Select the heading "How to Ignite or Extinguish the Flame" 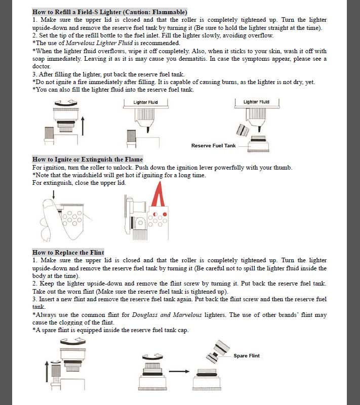click(x=88, y=159)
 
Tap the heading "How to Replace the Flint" click(x=68, y=252)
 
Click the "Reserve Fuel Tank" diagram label click(x=213, y=146)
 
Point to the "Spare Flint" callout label click(x=247, y=356)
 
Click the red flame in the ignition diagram click(x=158, y=195)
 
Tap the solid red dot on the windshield click(x=165, y=214)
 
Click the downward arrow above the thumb click(x=54, y=195)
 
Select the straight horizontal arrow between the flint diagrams click(x=179, y=372)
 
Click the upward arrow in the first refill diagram click(x=83, y=126)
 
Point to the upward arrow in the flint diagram click(x=47, y=372)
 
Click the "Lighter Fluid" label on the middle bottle click(x=146, y=102)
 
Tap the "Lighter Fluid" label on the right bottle click(x=256, y=102)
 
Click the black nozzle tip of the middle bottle click(x=148, y=130)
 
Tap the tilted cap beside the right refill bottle click(x=243, y=130)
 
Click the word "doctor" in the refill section click(x=41, y=66)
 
